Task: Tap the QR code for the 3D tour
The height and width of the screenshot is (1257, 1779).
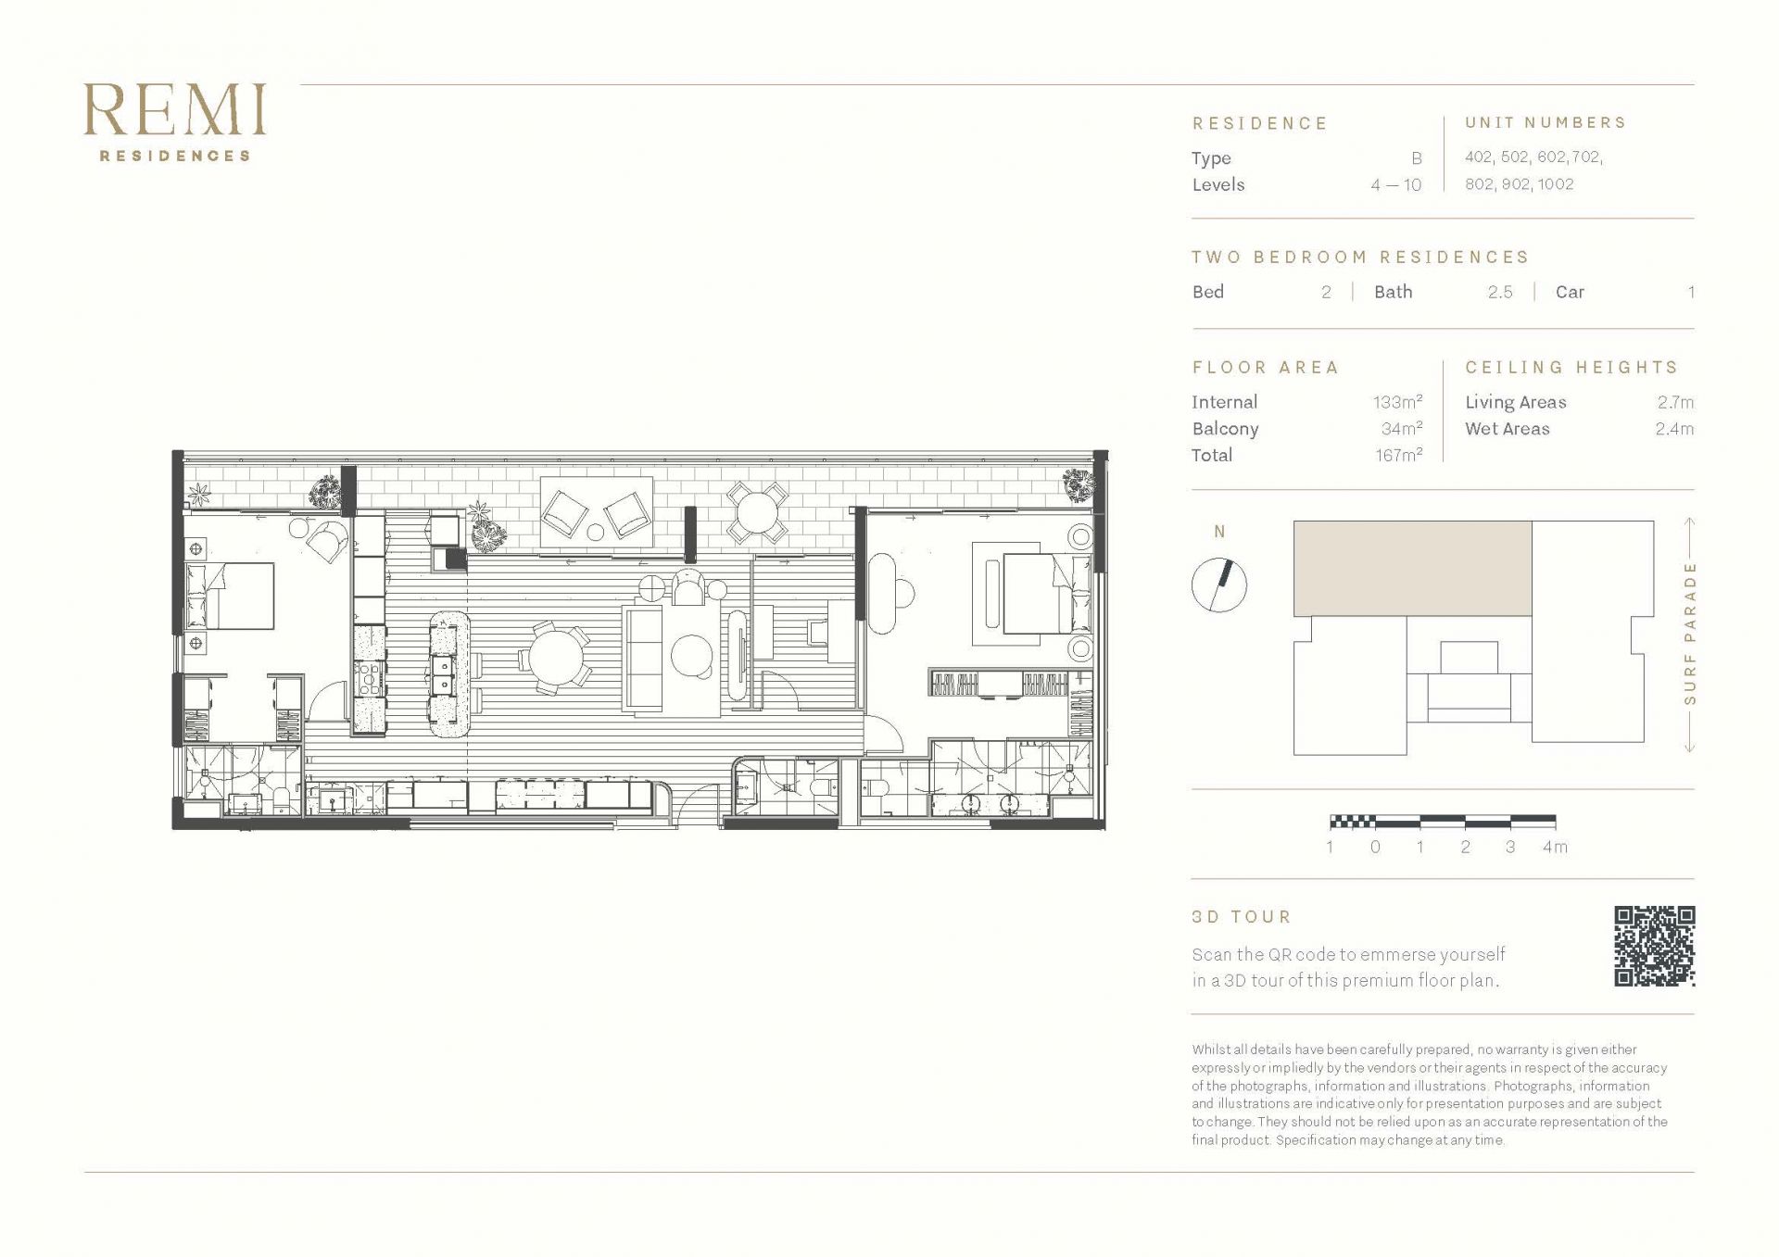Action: pos(1655,946)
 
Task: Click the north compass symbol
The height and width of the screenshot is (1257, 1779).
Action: pos(1219,585)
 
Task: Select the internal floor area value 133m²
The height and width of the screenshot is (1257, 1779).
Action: pos(1397,402)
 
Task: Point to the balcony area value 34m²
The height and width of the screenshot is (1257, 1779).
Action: pos(1401,429)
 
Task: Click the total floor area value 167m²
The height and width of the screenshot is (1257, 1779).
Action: pos(1398,455)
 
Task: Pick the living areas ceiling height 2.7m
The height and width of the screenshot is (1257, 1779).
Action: pos(1675,402)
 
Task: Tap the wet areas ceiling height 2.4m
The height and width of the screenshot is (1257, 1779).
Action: pos(1674,429)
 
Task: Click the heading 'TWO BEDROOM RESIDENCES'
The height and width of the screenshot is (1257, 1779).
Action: pos(1360,257)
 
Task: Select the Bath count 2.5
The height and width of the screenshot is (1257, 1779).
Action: pos(1500,292)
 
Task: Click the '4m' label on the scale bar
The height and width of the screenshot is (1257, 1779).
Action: pos(1555,847)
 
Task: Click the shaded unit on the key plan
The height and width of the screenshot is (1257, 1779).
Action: pos(1412,568)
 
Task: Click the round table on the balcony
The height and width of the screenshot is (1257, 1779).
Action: pos(757,511)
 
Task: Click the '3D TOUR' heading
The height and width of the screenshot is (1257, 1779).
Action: pos(1242,917)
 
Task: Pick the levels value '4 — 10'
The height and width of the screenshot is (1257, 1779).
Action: pos(1396,185)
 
